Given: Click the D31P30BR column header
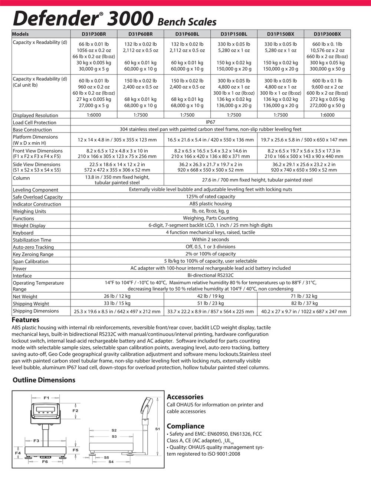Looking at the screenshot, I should [x=94, y=34].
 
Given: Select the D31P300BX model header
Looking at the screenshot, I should [x=327, y=34].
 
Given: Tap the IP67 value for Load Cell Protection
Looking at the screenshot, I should [x=210, y=122].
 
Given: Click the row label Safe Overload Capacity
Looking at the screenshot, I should [x=37, y=197].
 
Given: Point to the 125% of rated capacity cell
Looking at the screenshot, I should [x=210, y=197].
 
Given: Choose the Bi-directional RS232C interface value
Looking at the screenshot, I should [x=210, y=275].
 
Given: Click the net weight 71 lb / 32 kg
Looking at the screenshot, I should [x=304, y=296].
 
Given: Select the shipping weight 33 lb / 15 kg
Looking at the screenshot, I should [x=117, y=304].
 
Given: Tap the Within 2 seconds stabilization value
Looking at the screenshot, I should [x=210, y=239].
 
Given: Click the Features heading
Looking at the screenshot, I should [x=26, y=320].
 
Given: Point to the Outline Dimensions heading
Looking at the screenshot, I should [x=44, y=380].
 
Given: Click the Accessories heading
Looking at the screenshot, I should [x=185, y=397].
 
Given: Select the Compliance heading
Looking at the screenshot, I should [x=185, y=426].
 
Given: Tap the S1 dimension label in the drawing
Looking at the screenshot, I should [x=157, y=429].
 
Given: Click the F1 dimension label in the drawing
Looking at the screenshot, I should [x=46, y=398].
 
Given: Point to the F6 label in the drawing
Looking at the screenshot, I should [x=45, y=462].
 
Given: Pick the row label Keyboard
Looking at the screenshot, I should [x=23, y=233].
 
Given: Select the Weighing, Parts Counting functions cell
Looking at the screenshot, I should [x=210, y=218].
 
